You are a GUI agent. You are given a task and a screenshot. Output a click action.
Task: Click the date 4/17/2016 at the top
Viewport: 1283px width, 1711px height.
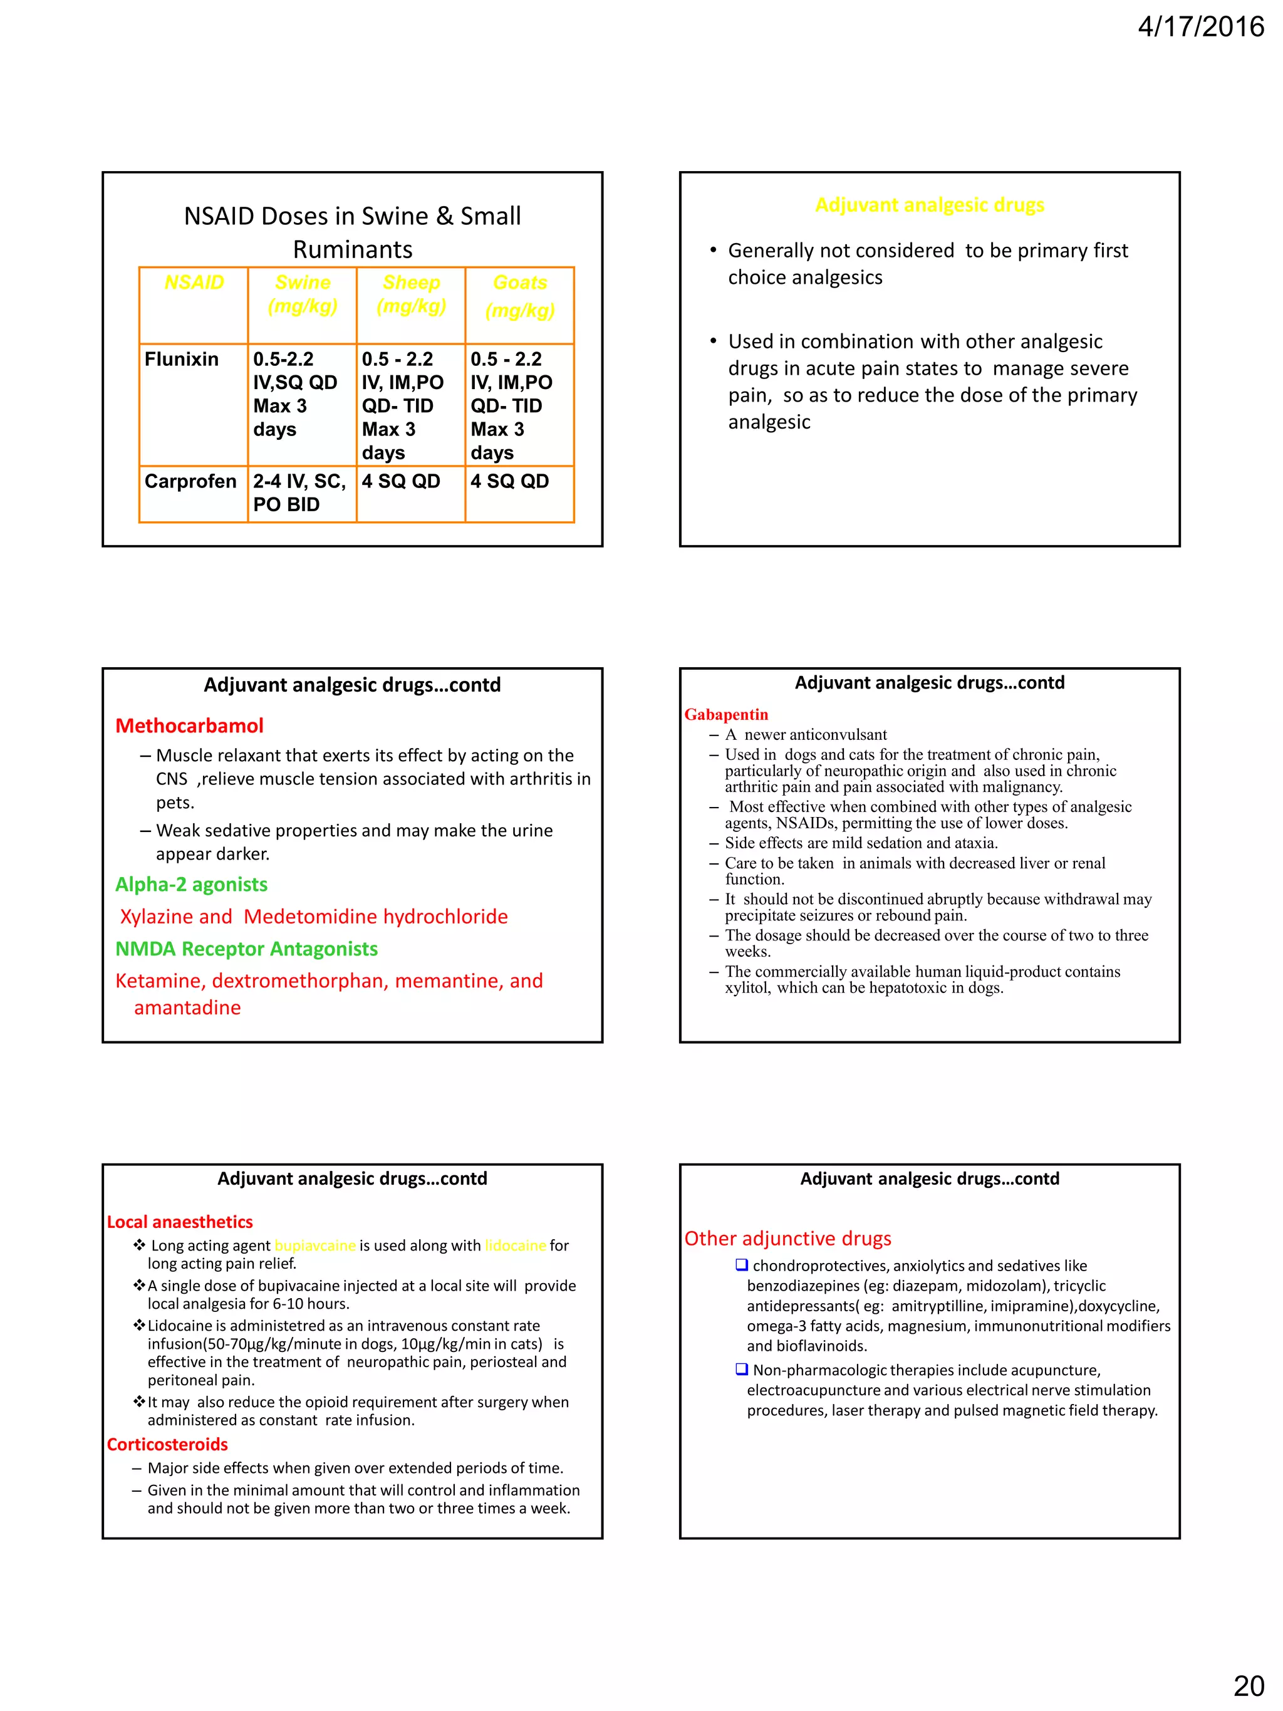1200,27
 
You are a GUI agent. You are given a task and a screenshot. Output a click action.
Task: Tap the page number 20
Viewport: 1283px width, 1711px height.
1248,1685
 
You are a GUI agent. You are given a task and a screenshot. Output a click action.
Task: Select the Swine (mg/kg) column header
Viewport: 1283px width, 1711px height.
303,294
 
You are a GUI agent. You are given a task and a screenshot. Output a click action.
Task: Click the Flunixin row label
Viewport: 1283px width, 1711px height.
182,359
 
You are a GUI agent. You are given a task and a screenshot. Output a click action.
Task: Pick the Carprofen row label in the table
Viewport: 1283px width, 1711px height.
190,481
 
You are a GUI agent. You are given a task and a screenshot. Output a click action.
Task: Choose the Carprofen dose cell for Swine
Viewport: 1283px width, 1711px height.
300,492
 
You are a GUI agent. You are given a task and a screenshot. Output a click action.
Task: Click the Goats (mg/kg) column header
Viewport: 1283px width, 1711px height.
520,296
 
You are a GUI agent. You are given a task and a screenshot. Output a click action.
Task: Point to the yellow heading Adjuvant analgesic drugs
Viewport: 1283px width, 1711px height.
929,205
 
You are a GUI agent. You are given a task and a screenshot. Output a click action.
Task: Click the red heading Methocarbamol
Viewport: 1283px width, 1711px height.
189,725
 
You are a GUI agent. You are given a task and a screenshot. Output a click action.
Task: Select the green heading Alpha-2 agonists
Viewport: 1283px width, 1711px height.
191,884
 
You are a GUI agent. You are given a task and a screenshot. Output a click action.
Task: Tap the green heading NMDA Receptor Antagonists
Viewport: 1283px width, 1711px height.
246,949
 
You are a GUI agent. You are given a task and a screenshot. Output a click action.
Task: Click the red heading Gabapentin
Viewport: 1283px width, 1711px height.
726,714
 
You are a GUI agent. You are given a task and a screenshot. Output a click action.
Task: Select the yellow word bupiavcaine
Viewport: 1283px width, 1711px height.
314,1246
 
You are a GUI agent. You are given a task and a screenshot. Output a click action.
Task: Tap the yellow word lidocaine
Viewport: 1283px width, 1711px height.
515,1246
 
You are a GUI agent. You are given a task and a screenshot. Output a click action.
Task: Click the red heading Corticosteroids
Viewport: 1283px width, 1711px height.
167,1444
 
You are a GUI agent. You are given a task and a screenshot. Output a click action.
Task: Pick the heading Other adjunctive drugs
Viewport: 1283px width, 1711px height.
787,1239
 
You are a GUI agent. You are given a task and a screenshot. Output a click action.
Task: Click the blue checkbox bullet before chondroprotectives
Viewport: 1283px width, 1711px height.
741,1265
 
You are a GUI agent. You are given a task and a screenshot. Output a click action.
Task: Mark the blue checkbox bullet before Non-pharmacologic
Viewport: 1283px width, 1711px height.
741,1369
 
